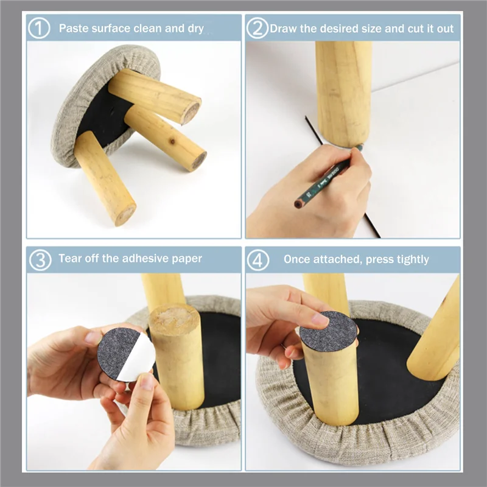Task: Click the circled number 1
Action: click(40, 28)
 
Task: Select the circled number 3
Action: click(40, 259)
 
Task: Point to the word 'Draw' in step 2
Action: click(282, 28)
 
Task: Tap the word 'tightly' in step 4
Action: click(410, 259)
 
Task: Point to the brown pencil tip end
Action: click(298, 204)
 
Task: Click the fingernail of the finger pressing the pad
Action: click(320, 319)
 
